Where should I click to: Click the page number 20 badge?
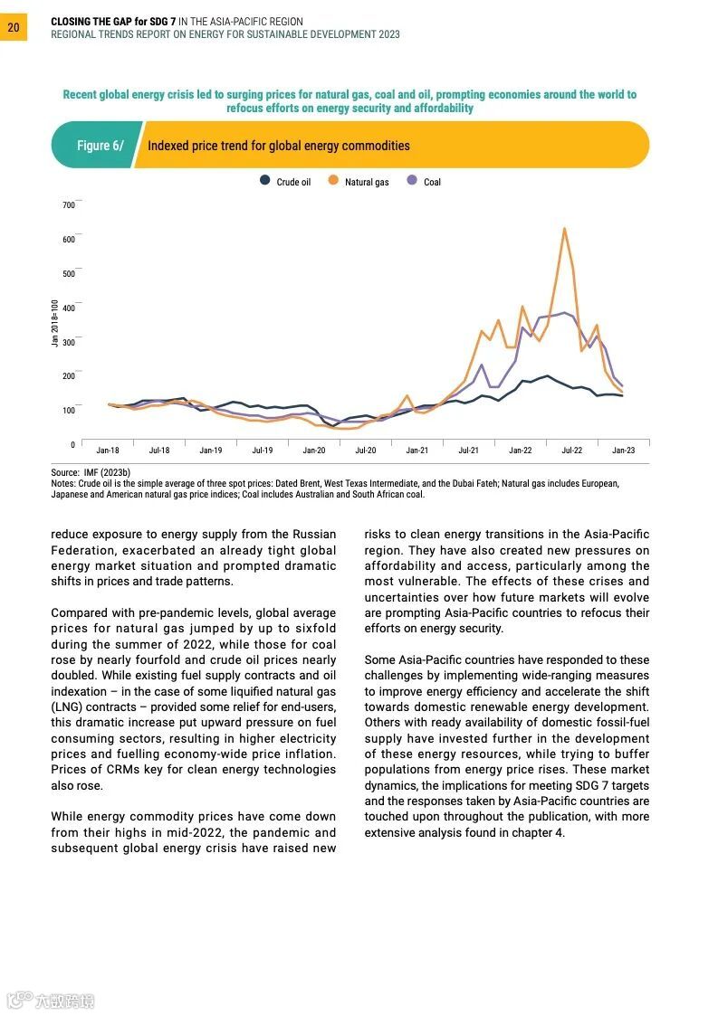click(14, 28)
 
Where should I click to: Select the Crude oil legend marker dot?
click(264, 181)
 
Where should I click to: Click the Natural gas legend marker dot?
click(333, 181)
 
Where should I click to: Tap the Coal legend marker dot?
click(412, 181)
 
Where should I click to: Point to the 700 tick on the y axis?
click(69, 205)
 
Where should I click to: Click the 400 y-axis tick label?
click(69, 308)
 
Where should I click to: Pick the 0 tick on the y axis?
click(72, 445)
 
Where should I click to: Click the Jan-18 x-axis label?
click(108, 451)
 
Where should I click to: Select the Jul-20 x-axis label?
click(366, 451)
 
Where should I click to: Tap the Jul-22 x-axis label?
click(571, 451)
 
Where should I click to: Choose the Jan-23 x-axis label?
click(623, 451)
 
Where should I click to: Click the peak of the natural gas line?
click(565, 229)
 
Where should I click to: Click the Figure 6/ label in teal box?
click(100, 146)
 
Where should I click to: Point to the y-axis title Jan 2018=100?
click(55, 323)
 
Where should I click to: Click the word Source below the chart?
click(64, 473)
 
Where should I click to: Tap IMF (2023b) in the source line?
click(108, 473)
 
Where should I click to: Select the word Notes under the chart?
click(62, 484)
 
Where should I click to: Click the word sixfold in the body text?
click(313, 629)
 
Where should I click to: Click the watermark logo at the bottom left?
click(49, 1001)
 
